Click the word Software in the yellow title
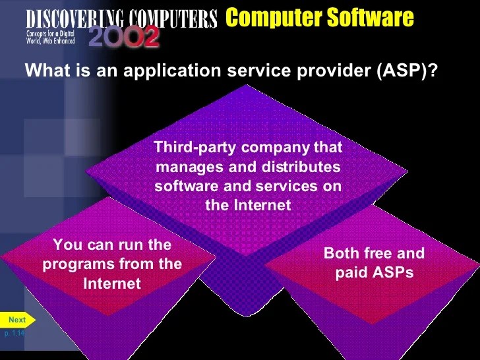tap(373, 18)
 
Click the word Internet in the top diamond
tap(262, 206)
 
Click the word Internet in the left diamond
tap(112, 284)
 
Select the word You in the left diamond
tap(65, 245)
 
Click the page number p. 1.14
tap(14, 334)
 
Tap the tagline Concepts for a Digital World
tap(50, 36)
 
